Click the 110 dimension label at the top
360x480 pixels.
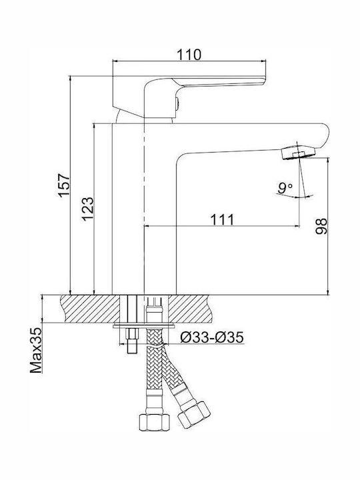coord(189,55)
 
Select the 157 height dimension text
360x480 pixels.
coord(65,185)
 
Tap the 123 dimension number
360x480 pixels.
coord(87,209)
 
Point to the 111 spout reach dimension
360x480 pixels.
coord(222,219)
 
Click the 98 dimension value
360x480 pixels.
coord(321,227)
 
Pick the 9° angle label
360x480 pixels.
coord(285,188)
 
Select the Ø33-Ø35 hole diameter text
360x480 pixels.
coord(212,337)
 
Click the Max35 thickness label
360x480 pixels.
coord(36,351)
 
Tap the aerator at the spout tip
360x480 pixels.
coord(298,153)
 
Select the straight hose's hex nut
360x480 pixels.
coord(154,422)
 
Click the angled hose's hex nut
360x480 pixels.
coord(194,415)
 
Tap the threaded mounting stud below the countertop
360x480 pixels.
coord(132,341)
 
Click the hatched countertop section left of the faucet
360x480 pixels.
coord(90,309)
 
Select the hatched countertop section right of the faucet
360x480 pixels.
coord(190,309)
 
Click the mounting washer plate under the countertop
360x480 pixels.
coord(143,326)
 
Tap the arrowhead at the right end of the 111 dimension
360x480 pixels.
coord(296,226)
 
